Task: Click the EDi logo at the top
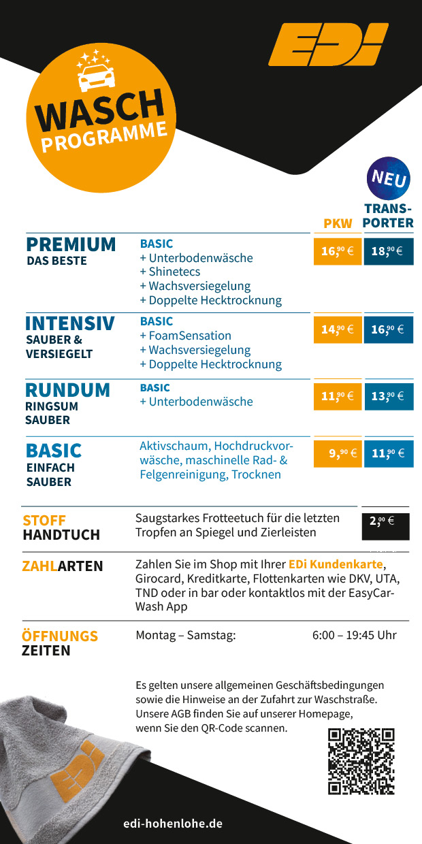(328, 45)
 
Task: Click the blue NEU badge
(389, 179)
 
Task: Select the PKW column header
(338, 223)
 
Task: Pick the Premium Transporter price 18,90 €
(388, 251)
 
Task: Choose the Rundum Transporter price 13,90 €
(388, 395)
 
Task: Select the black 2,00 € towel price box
(385, 522)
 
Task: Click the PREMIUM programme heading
(71, 244)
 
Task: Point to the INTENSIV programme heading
(69, 323)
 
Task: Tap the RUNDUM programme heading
(67, 390)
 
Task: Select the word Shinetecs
(174, 272)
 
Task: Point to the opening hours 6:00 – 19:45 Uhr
(354, 635)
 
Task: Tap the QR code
(361, 761)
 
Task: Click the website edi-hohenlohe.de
(173, 824)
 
